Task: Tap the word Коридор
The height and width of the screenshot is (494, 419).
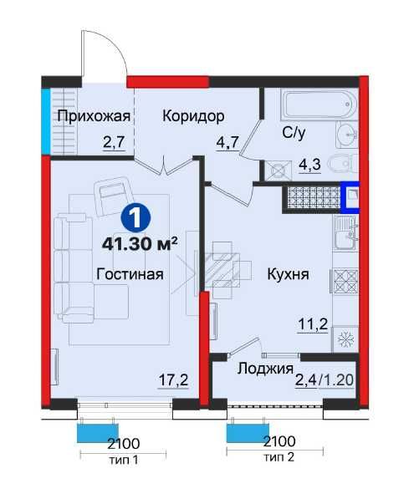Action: coord(193,116)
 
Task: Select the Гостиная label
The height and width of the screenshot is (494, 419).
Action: coord(129,273)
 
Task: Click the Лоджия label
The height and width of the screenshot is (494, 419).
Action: coord(264,369)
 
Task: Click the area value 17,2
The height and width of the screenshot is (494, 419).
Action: coord(173,381)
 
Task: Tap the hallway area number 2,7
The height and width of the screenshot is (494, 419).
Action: coord(114,143)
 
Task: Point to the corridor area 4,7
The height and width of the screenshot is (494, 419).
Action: coord(229,143)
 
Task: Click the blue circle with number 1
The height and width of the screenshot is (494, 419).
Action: coord(135,218)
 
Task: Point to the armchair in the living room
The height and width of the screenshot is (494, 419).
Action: coord(110,196)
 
